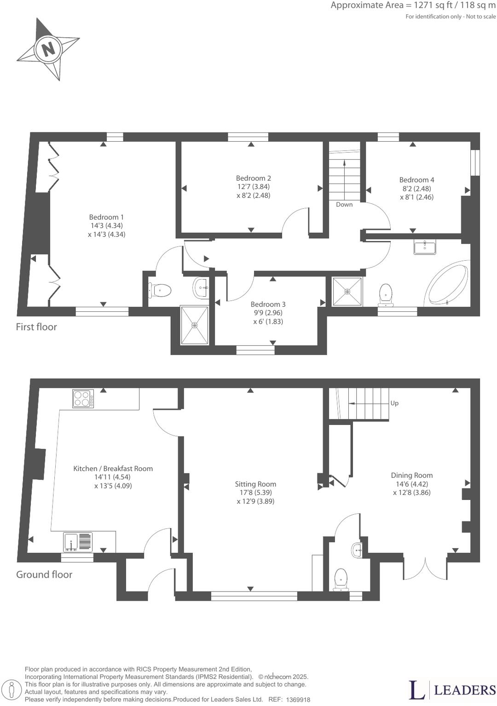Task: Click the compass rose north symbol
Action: point(48,48)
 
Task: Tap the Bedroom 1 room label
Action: point(106,217)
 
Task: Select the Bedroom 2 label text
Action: point(253,178)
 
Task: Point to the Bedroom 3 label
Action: point(268,304)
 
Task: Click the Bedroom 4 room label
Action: point(416,180)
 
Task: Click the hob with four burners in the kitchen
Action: point(83,398)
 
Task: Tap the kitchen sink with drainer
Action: point(78,541)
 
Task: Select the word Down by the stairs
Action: point(344,205)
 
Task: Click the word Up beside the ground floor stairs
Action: point(394,403)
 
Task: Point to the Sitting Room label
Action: point(255,484)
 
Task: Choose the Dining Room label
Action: point(411,475)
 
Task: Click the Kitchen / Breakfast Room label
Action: point(113,468)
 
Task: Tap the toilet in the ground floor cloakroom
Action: point(341,579)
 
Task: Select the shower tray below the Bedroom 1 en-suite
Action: point(195,325)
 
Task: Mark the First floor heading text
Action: point(36,327)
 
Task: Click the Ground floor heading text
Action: point(44,574)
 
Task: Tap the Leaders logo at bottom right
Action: point(452,690)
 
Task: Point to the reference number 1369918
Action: point(298,700)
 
